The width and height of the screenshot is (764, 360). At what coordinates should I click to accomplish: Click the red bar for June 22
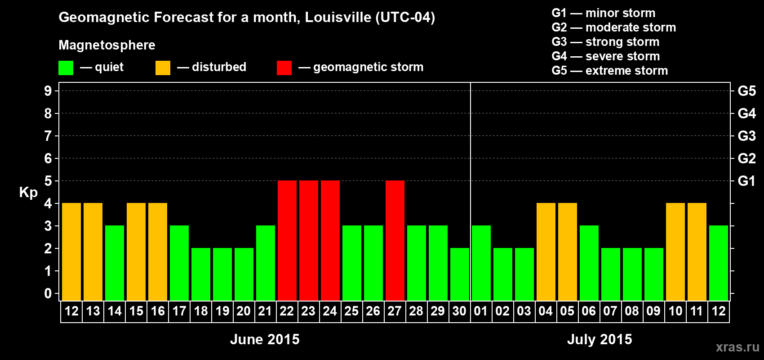(287, 240)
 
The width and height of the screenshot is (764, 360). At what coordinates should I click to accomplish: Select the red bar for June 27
(395, 240)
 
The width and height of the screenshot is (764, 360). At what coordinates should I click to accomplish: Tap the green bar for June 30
(460, 274)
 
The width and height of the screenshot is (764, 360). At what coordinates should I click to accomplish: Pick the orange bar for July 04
(546, 252)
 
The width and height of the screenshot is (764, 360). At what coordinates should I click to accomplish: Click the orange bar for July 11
(697, 252)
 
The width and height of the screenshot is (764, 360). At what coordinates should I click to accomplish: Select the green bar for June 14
(115, 263)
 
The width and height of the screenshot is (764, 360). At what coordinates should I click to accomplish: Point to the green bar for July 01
(481, 263)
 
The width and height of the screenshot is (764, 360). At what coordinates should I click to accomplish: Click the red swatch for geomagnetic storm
(284, 68)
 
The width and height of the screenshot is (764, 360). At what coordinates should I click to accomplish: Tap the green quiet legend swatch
(66, 68)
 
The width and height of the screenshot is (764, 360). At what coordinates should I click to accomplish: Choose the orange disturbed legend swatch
(163, 68)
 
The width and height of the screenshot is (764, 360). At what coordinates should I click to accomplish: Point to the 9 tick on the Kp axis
(48, 91)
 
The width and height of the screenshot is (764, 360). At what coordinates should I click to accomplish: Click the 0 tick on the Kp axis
(48, 294)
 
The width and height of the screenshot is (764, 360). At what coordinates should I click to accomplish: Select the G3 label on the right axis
(746, 136)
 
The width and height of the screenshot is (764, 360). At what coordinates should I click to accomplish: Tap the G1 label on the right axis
(746, 181)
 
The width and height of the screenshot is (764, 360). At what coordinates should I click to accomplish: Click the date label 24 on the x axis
(330, 311)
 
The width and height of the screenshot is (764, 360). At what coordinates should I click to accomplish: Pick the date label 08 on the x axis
(632, 311)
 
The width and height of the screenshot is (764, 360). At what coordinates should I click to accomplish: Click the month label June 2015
(265, 339)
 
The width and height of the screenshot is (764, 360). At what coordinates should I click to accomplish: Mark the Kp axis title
(28, 193)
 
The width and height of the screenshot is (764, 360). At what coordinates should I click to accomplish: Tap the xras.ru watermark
(737, 347)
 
